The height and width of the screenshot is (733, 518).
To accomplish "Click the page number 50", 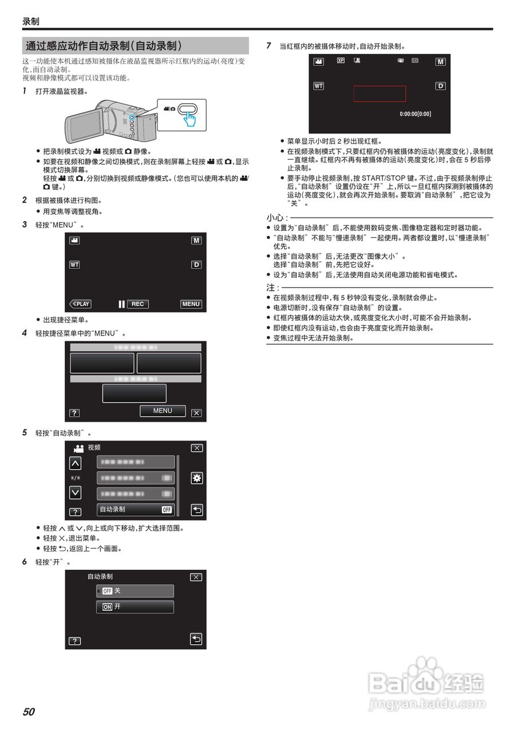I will pyautogui.click(x=29, y=712).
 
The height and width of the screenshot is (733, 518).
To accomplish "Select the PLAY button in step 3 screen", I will pyautogui.click(x=80, y=304).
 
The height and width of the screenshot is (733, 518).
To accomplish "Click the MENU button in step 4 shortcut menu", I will pyautogui.click(x=163, y=411).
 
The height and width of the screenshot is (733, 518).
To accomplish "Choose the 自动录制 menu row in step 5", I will pyautogui.click(x=136, y=509).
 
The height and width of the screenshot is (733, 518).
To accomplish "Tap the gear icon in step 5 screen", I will pyautogui.click(x=196, y=478).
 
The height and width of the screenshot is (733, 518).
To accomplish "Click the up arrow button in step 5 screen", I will pyautogui.click(x=75, y=463).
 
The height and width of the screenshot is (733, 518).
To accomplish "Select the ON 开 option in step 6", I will pyautogui.click(x=135, y=607).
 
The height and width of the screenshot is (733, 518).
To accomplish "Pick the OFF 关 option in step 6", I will pyautogui.click(x=135, y=591).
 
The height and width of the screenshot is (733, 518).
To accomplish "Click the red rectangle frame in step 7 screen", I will pyautogui.click(x=379, y=94).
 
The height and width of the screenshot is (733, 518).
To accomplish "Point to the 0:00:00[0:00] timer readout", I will pyautogui.click(x=415, y=114).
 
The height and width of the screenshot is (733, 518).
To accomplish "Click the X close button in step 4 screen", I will pyautogui.click(x=196, y=413).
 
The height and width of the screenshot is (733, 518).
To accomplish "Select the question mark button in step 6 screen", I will pyautogui.click(x=74, y=641).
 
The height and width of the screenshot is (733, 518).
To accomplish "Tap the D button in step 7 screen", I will pyautogui.click(x=440, y=86).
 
